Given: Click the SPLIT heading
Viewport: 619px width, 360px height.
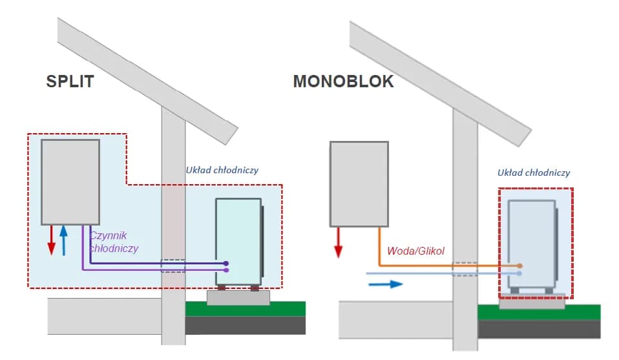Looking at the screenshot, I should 70,81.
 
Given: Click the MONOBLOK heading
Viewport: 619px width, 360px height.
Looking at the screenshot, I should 343,81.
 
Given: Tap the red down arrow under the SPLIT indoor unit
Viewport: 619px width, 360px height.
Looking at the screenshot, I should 52,240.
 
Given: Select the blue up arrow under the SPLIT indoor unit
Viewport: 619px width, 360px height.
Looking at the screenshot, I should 63,240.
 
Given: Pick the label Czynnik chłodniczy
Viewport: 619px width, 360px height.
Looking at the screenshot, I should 114,242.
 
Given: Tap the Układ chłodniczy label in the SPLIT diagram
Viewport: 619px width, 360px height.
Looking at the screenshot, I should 222,170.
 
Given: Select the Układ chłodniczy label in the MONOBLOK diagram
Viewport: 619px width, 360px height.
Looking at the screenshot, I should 533,173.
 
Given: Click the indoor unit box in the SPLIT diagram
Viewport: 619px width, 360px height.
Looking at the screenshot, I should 70,182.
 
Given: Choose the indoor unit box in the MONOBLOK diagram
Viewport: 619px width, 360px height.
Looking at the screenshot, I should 359,184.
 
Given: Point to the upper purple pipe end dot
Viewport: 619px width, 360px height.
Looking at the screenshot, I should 226,263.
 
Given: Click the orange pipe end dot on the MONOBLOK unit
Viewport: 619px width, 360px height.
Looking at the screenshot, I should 520,266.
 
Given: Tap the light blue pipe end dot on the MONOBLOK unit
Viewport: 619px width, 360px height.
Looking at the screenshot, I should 520,274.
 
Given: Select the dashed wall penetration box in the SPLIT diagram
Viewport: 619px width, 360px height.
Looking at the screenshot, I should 173,266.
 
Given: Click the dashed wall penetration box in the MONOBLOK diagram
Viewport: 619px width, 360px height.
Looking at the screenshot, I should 465,269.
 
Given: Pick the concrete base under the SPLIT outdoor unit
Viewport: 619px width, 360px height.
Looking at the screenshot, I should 238,297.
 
